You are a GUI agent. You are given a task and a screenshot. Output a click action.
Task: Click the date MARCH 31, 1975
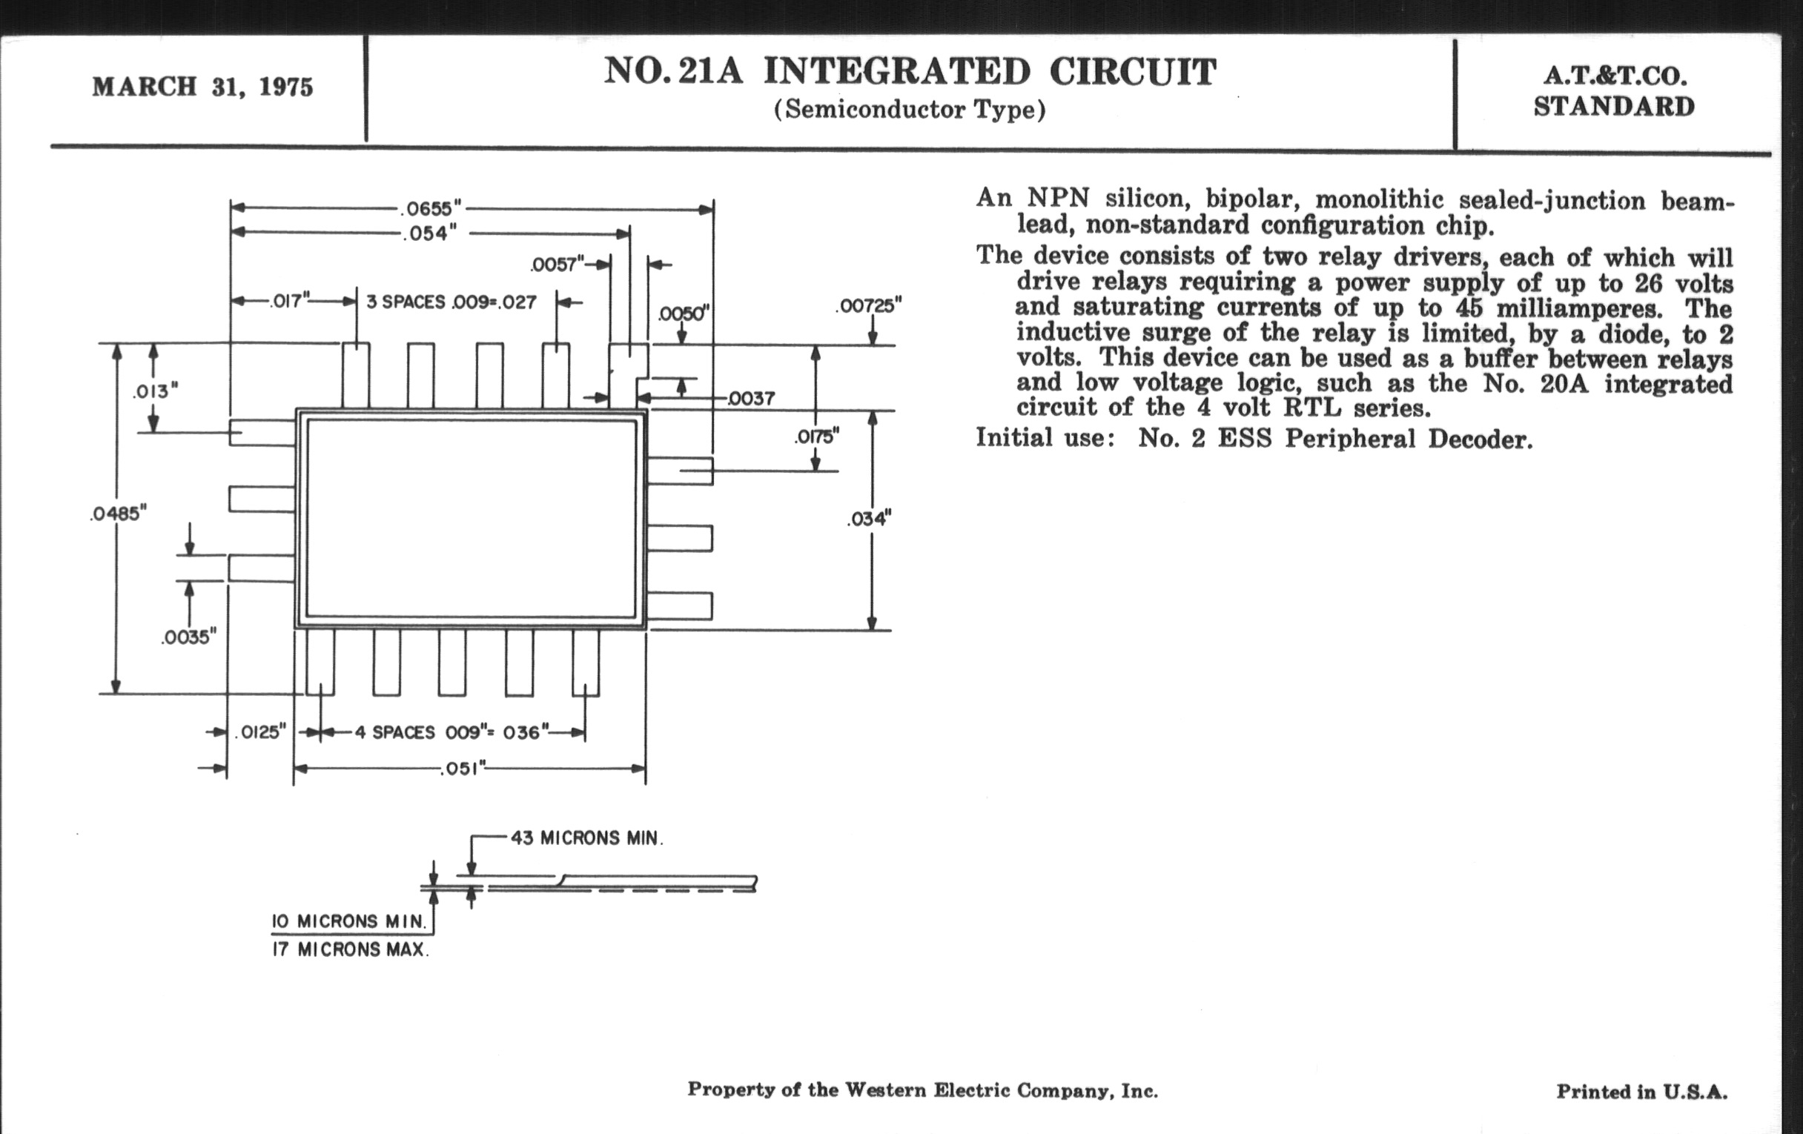tap(202, 87)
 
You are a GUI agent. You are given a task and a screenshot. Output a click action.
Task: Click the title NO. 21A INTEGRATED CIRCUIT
tap(910, 72)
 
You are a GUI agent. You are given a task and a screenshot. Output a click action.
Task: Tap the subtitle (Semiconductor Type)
tap(909, 110)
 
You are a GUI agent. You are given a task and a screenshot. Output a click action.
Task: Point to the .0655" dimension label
tap(430, 208)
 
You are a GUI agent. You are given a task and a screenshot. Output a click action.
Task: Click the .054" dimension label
tap(430, 233)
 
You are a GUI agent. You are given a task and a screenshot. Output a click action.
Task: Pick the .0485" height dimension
tap(118, 514)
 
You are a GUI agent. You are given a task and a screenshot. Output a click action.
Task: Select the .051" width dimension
tap(463, 769)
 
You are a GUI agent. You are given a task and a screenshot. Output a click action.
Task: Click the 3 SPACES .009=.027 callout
tap(451, 302)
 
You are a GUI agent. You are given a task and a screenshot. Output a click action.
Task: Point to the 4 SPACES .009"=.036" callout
tap(451, 732)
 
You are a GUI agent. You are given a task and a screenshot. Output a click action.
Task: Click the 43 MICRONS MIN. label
tap(586, 838)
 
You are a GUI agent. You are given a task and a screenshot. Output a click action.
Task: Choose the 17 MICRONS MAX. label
tap(350, 950)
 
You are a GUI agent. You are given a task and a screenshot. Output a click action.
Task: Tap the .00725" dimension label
tap(868, 305)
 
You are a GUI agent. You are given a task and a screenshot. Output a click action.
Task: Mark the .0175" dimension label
tap(816, 436)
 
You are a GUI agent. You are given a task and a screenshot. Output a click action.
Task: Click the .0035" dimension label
tap(189, 637)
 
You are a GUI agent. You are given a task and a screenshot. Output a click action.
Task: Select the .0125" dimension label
tap(260, 732)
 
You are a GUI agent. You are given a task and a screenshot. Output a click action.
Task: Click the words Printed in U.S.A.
tap(1641, 1091)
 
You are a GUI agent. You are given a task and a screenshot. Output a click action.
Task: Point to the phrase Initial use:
tap(1045, 437)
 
